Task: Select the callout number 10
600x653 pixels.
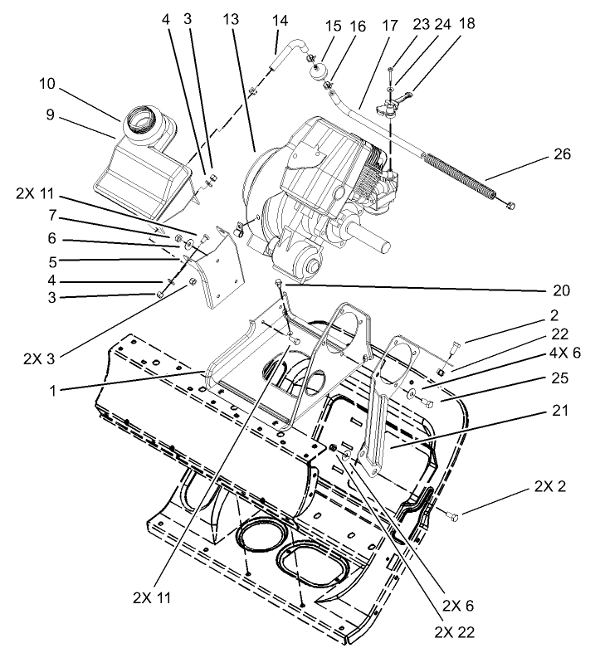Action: pyautogui.click(x=46, y=84)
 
